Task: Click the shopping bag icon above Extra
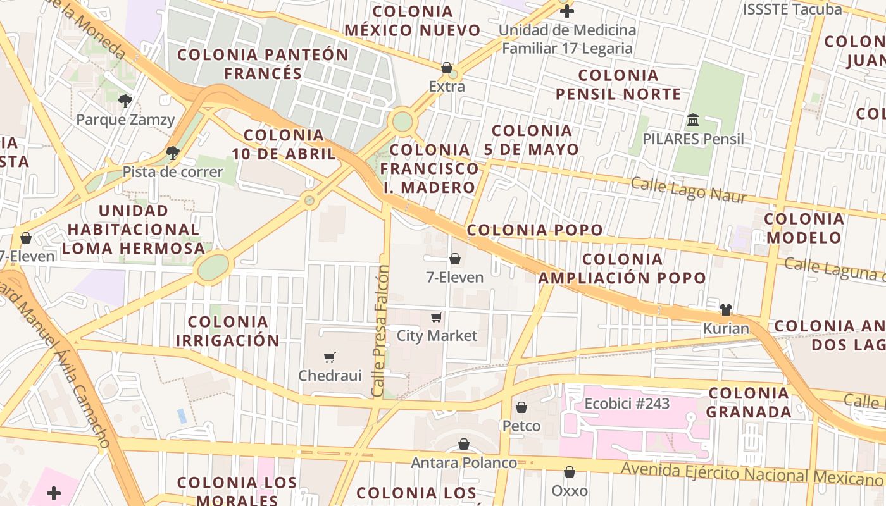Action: click(x=447, y=68)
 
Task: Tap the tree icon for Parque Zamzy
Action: click(x=125, y=100)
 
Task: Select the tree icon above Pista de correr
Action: click(x=172, y=152)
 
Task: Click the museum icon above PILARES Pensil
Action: click(x=693, y=120)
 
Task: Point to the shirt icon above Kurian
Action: click(x=725, y=309)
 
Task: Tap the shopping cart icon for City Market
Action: click(x=436, y=317)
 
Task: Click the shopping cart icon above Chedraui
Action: click(x=329, y=357)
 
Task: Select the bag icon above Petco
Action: click(x=521, y=407)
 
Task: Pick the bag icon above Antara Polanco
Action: click(x=464, y=444)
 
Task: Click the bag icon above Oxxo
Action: click(x=570, y=472)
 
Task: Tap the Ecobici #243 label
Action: click(x=627, y=404)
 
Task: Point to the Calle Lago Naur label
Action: click(x=689, y=190)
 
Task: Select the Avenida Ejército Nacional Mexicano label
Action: click(x=751, y=473)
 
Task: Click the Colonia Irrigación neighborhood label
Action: click(x=227, y=331)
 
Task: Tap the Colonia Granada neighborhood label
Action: click(x=749, y=402)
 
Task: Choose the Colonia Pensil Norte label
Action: click(x=618, y=85)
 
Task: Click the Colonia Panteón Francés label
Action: click(x=263, y=64)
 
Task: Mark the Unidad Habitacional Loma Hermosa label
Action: click(x=134, y=229)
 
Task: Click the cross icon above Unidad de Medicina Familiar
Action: click(x=567, y=11)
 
